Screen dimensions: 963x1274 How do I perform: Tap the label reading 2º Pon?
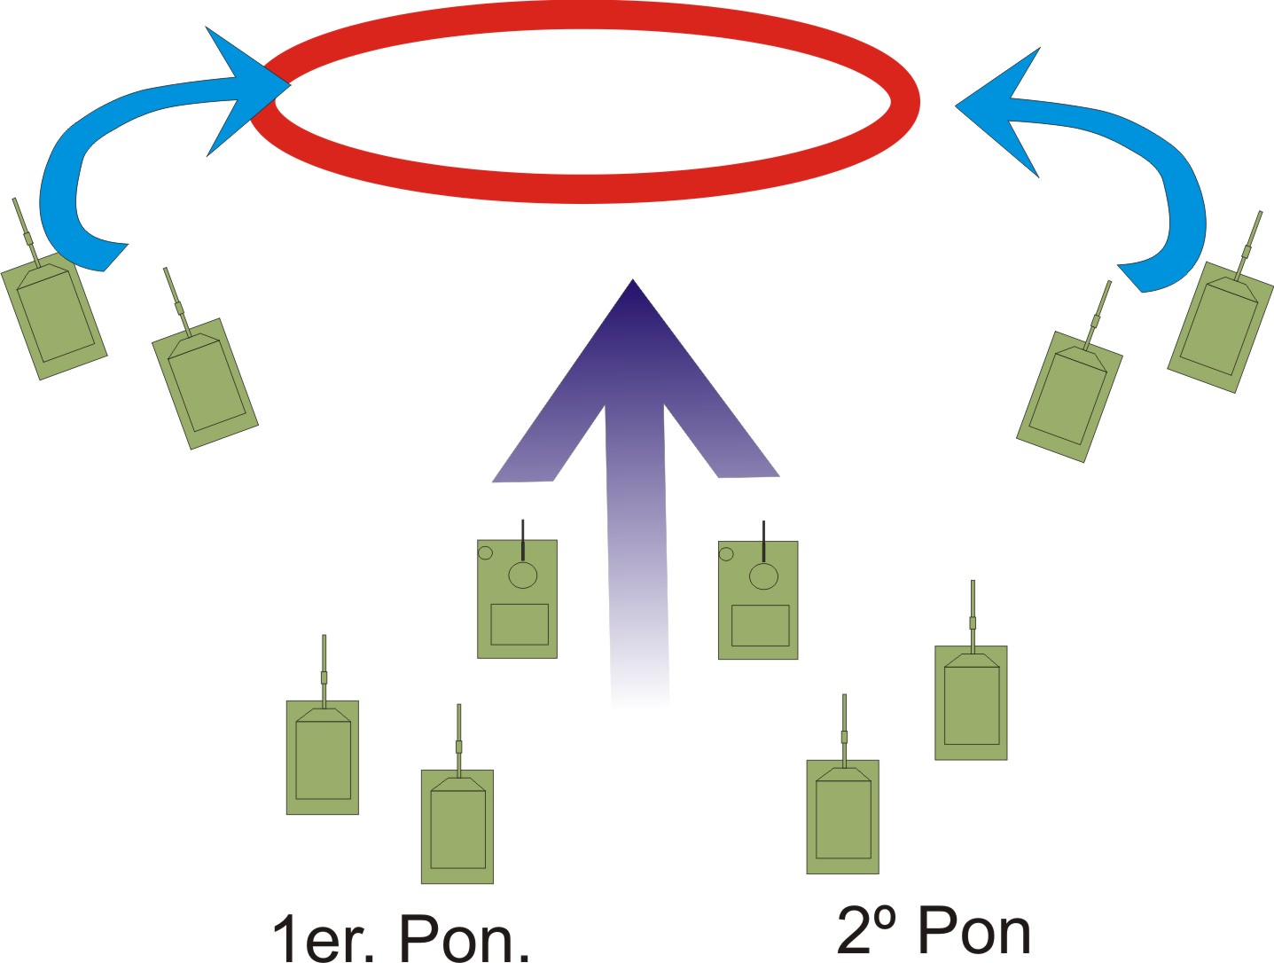934,930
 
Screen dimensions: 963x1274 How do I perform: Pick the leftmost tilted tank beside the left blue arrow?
54,315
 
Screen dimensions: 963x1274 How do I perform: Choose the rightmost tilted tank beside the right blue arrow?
1221,326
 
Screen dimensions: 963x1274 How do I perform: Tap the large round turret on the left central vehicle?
523,575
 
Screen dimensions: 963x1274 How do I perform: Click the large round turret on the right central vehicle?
763,576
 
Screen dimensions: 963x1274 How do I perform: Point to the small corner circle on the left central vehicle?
485,553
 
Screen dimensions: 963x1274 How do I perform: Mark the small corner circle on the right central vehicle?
726,555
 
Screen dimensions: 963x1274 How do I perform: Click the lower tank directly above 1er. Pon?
457,826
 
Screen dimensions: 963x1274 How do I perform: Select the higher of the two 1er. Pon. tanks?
323,757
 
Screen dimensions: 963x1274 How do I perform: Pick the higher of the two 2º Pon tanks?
971,702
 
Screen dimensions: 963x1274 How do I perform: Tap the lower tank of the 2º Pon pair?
843,817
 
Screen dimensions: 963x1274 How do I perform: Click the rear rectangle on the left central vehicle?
520,623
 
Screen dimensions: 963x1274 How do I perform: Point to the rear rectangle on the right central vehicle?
760,625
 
